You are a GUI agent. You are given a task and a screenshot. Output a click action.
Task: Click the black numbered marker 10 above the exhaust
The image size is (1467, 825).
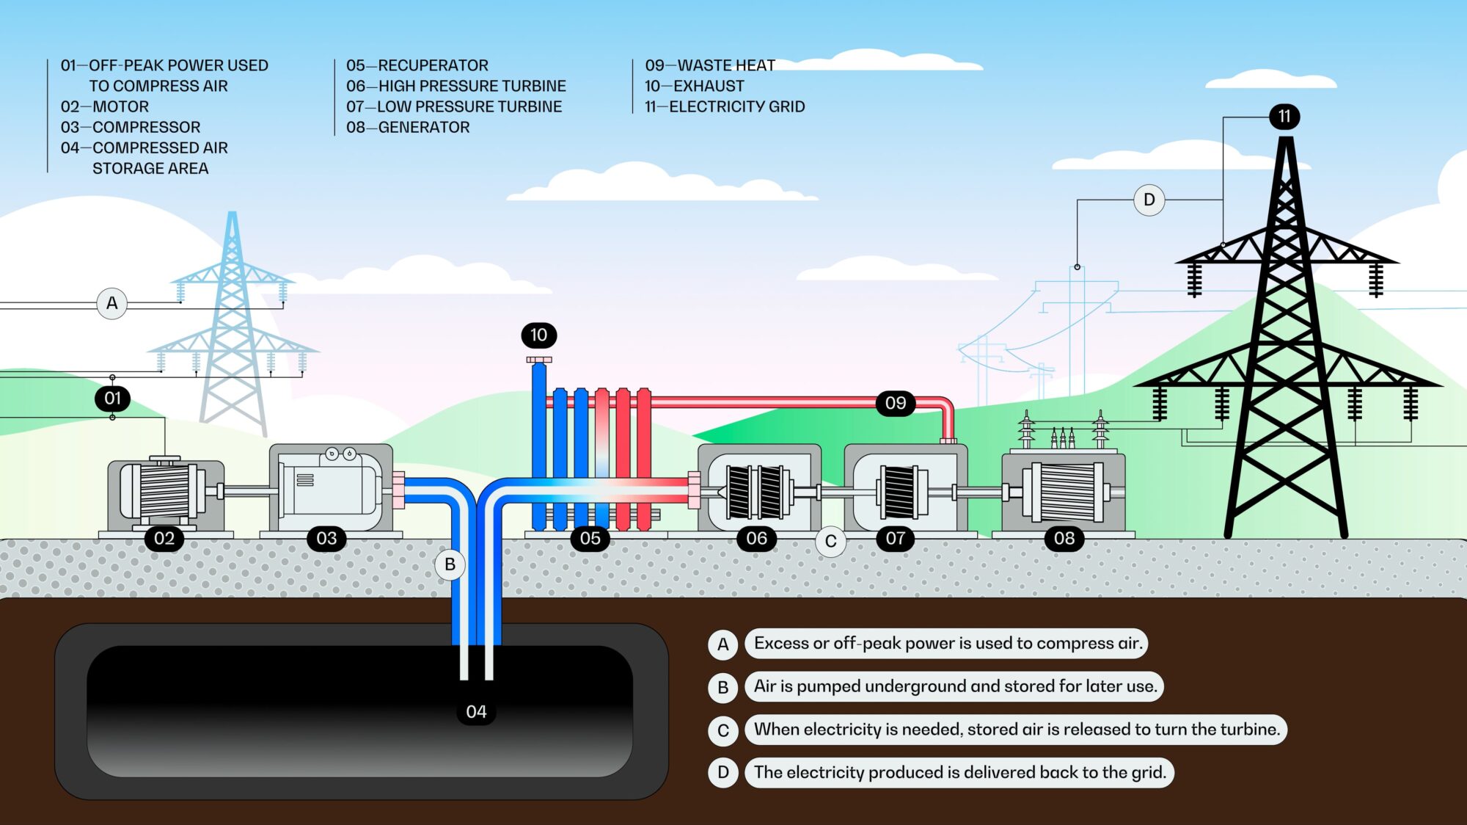538,335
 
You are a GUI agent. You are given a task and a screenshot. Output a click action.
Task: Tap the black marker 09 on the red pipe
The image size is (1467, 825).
895,403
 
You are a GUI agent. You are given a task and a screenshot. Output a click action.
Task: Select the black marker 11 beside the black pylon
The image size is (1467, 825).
1284,117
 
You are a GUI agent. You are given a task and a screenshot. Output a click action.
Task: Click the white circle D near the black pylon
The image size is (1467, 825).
1149,200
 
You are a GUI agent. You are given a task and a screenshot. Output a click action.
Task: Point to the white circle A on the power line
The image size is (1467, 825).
111,303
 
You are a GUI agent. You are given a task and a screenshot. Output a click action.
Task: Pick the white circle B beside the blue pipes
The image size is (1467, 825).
450,564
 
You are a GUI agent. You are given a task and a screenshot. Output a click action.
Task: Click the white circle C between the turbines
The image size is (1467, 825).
830,542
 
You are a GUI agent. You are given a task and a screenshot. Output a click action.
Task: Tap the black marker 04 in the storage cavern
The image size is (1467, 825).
476,712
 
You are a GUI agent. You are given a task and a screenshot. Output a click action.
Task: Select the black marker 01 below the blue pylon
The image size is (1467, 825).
112,399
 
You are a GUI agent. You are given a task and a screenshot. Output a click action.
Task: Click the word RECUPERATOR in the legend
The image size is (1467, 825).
433,65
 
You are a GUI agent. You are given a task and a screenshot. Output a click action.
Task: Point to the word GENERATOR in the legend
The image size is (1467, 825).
423,127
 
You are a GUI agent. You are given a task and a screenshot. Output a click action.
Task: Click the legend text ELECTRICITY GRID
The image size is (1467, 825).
736,106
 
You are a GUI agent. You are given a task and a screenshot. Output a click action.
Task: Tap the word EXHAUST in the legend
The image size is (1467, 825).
708,86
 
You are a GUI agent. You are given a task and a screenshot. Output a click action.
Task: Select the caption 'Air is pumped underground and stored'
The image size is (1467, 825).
954,686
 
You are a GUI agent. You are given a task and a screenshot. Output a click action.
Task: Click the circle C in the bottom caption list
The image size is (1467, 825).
722,730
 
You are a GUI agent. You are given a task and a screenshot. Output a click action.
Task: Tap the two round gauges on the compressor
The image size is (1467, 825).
341,454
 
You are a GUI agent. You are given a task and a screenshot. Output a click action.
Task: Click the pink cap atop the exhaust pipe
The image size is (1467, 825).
539,360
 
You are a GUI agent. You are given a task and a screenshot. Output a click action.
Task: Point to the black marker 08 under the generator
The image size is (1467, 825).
1064,539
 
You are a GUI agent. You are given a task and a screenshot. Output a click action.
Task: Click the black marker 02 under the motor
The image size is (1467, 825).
164,539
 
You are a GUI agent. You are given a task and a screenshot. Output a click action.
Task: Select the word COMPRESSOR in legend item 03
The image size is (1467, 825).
146,127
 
